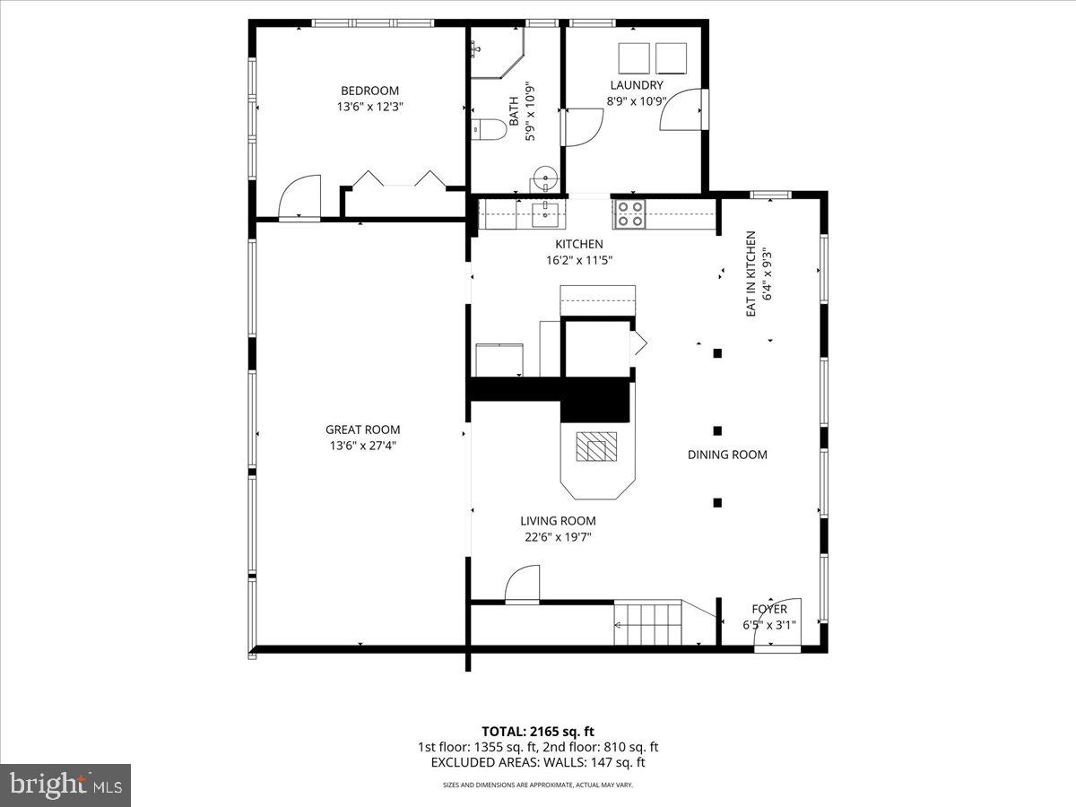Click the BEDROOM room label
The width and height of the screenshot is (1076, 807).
(369, 91)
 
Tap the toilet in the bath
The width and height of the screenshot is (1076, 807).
(486, 129)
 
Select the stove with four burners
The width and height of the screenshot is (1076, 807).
(629, 214)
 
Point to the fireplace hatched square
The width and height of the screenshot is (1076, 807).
(596, 446)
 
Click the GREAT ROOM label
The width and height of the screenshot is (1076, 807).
(362, 430)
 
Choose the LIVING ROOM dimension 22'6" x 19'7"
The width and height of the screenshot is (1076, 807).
(558, 537)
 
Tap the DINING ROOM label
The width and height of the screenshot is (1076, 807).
(727, 455)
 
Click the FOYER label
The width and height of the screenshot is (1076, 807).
(769, 609)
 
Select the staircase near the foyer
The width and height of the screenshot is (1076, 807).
(648, 623)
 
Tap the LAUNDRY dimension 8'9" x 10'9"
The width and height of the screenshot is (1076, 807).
(635, 100)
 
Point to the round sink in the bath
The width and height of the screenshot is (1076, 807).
(544, 177)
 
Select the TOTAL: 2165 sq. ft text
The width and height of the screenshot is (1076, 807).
(537, 731)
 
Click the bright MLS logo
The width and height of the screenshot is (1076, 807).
(65, 785)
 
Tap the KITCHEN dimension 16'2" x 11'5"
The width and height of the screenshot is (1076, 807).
(578, 260)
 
